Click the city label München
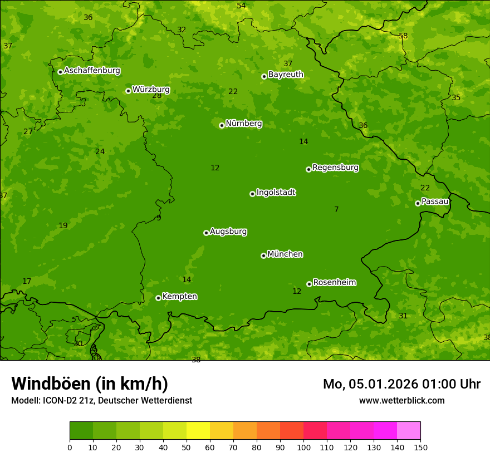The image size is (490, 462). pos(285,254)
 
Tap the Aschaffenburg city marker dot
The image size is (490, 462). pos(60,72)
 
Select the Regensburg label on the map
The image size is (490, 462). pos(335,168)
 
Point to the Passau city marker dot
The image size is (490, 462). pos(418,203)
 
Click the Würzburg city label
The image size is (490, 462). pos(151,90)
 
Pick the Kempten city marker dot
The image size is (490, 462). pos(158,298)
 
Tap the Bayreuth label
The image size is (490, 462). pos(286,75)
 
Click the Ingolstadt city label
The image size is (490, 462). pos(276,193)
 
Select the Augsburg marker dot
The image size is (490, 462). pos(206,233)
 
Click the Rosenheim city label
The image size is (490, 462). pos(334,283)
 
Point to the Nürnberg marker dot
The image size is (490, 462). pos(222,125)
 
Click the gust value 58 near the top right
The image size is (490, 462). pos(403,36)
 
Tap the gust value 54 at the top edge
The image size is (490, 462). pos(241,6)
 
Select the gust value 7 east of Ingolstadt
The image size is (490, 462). pos(336,210)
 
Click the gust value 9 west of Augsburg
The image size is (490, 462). pos(159,218)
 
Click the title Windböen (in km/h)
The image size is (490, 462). pos(90,384)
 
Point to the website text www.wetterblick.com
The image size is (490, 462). pos(401,401)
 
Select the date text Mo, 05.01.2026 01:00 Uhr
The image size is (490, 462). pos(401,384)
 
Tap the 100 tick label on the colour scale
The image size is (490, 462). pos(303,448)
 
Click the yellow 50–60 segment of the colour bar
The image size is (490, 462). pos(198,431)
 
